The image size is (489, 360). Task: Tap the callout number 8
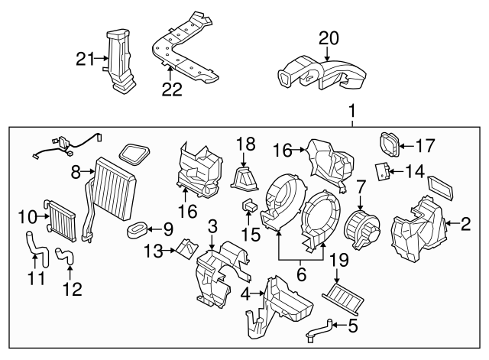76,174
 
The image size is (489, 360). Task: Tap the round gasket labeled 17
389,143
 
